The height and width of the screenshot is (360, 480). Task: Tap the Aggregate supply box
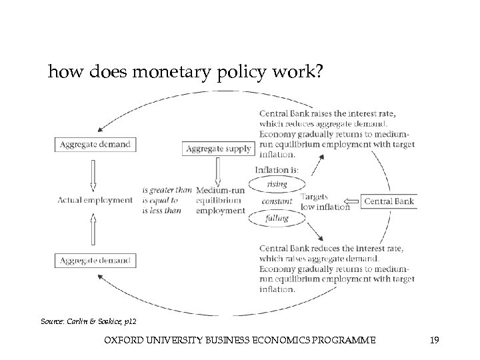219,149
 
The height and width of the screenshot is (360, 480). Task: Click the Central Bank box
389,201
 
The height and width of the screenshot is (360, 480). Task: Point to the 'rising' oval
277,184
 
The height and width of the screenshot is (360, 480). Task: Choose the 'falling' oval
277,218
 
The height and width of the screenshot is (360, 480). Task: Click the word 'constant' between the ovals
277,201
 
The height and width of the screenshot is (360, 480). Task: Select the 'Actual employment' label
95,200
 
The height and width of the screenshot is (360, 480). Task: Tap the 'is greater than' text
166,190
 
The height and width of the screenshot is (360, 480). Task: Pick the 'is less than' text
161,211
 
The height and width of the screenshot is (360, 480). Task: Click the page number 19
434,341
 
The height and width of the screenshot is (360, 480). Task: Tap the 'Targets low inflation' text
325,201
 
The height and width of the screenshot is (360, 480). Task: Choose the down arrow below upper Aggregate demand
93,173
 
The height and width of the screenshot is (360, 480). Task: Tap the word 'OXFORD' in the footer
123,341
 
